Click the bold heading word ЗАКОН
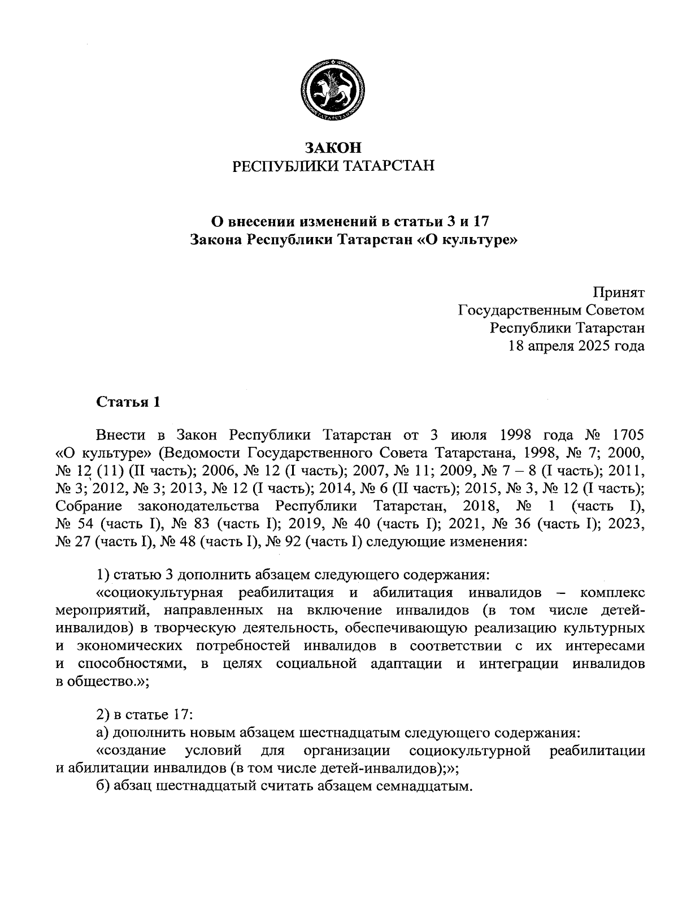point(333,148)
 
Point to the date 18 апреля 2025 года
point(577,346)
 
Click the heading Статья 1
point(128,402)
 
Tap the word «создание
point(131,751)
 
